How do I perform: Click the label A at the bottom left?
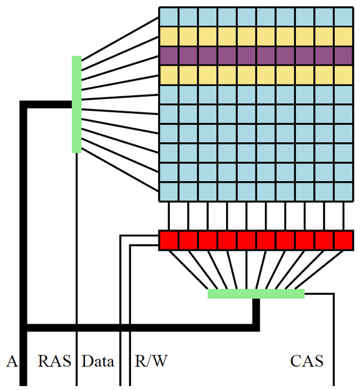(x=12, y=361)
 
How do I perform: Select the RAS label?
(x=55, y=361)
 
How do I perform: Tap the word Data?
(x=98, y=361)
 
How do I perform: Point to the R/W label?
(x=151, y=361)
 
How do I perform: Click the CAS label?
(x=307, y=361)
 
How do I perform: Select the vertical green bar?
(x=77, y=104)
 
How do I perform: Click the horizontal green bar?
(x=256, y=294)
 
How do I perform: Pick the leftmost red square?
(x=169, y=240)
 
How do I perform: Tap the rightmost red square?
(x=343, y=240)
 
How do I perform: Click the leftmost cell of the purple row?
(x=169, y=56)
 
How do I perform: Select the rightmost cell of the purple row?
(x=343, y=56)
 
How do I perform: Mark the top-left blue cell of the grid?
(x=169, y=17)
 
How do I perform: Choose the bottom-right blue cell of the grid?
(x=343, y=191)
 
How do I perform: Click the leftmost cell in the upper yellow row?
(x=169, y=37)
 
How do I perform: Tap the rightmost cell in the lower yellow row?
(x=343, y=75)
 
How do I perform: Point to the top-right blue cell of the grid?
(x=343, y=17)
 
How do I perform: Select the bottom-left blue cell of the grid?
(x=169, y=191)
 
